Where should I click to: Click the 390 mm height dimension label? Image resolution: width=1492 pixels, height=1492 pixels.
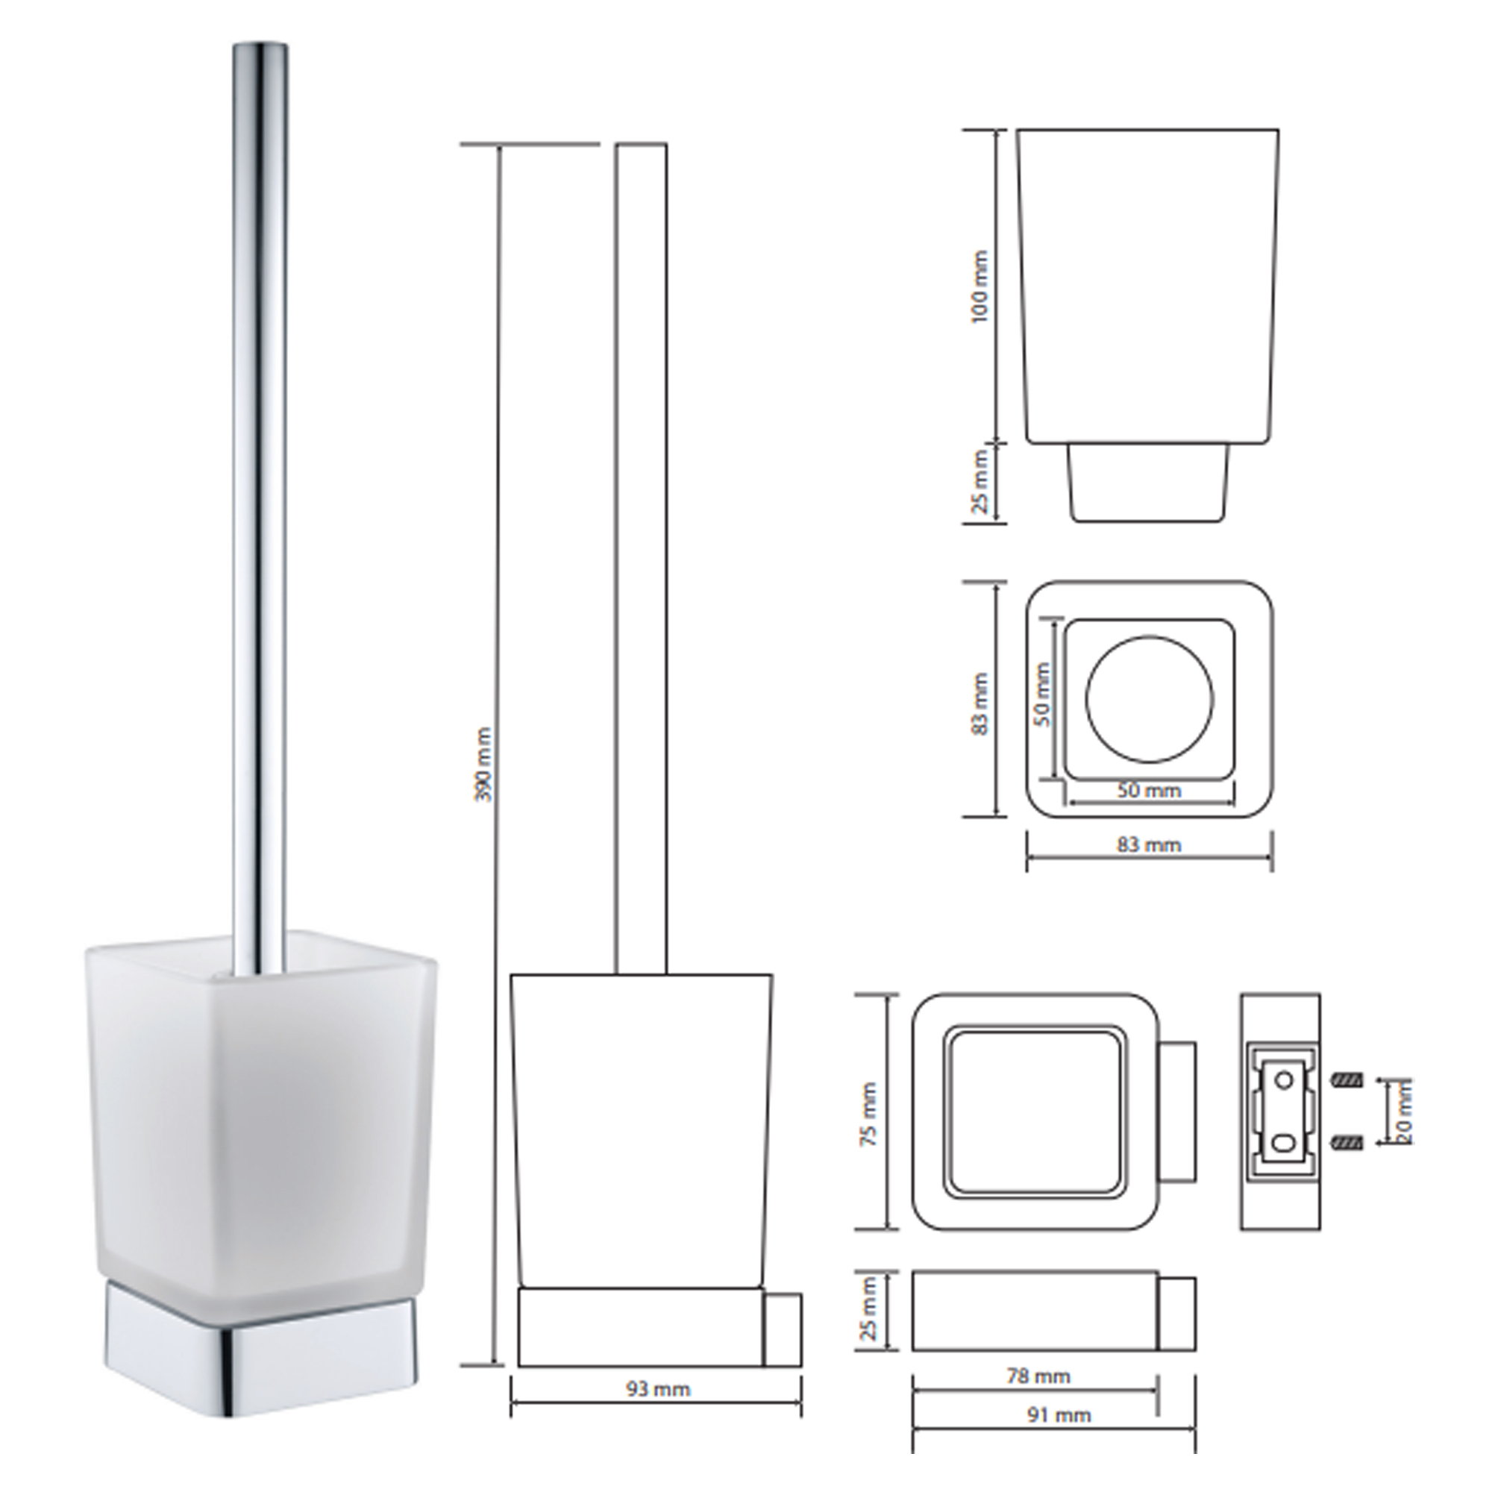(x=484, y=763)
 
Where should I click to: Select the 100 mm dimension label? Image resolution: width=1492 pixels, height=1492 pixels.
(x=980, y=287)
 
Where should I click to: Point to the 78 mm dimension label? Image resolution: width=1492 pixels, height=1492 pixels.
(x=1037, y=1376)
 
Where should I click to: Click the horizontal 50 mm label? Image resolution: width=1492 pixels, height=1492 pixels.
(x=1149, y=791)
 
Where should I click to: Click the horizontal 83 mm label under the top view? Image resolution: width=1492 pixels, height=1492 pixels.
(x=1149, y=845)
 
